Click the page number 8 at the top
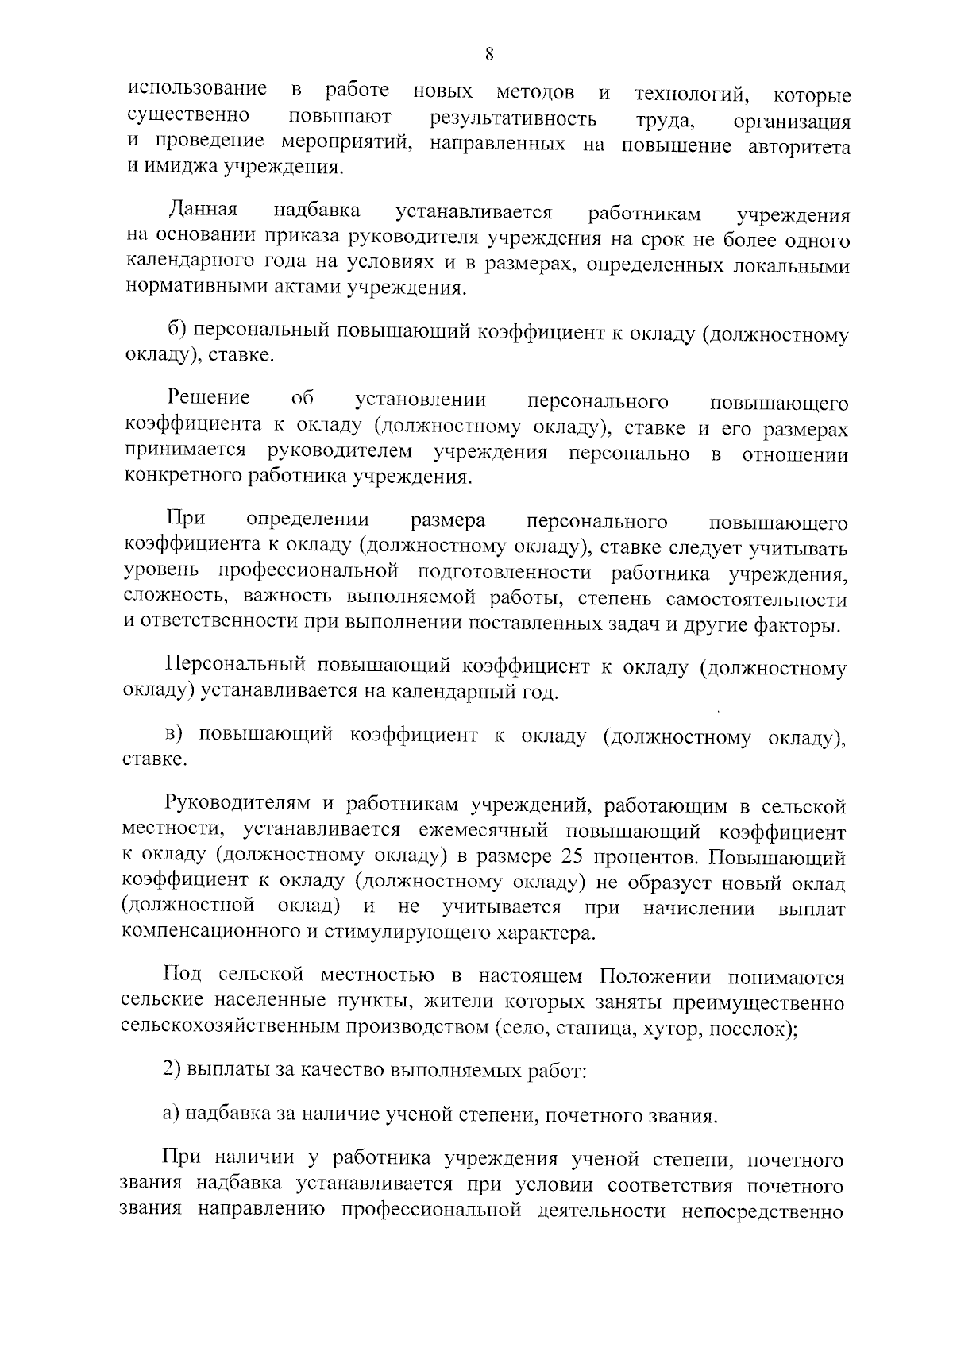(x=488, y=55)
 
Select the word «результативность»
(x=512, y=120)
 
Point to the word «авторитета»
(x=800, y=147)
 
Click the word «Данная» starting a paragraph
(x=203, y=211)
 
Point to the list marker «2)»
(x=172, y=1070)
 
